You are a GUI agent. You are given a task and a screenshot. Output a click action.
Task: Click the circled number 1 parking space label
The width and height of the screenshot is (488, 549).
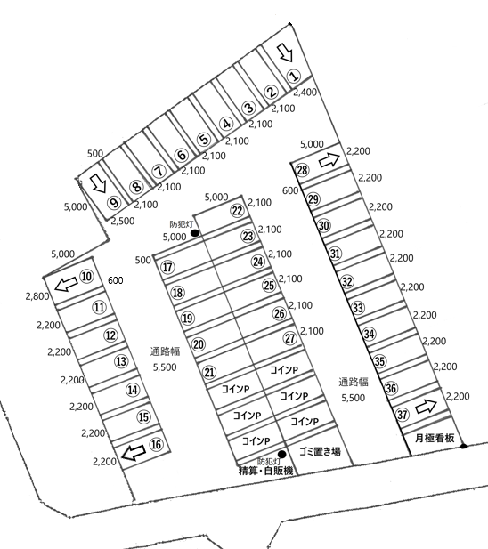click(x=294, y=76)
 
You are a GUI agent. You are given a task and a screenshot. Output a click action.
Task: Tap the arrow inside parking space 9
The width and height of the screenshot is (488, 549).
click(x=98, y=183)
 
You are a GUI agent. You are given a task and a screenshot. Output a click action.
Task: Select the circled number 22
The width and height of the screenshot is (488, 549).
click(x=237, y=210)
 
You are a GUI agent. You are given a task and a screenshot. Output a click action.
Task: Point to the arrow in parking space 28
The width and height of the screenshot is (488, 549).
click(x=329, y=160)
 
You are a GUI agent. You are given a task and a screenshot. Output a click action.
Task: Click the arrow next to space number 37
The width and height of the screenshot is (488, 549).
click(x=426, y=406)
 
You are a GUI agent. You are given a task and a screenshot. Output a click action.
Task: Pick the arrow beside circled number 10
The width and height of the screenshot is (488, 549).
click(x=66, y=284)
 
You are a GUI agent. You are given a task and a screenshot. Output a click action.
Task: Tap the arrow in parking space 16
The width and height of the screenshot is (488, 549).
click(x=133, y=452)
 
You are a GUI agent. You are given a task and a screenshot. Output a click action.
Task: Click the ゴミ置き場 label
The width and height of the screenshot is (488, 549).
click(x=320, y=451)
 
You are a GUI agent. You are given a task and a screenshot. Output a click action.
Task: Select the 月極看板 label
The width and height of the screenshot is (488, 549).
click(x=435, y=438)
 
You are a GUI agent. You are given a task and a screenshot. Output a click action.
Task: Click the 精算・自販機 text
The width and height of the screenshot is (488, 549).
click(x=265, y=471)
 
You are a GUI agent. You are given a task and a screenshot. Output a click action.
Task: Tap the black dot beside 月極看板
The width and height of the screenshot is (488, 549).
click(x=463, y=446)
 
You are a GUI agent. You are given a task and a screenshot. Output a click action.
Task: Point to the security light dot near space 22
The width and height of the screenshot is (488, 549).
click(x=195, y=233)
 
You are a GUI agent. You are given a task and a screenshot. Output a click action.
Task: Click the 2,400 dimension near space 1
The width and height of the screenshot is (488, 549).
click(x=305, y=92)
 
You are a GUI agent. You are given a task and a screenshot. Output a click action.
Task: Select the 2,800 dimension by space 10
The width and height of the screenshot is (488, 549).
click(x=37, y=296)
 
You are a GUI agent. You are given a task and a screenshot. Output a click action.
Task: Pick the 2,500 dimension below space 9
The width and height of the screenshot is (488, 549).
click(x=123, y=221)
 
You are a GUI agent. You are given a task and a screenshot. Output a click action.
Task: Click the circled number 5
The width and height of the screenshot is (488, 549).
click(x=204, y=140)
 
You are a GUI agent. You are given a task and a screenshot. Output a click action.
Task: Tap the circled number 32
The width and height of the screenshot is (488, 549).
click(x=346, y=281)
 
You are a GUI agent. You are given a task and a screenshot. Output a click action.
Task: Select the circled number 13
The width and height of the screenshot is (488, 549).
click(x=121, y=361)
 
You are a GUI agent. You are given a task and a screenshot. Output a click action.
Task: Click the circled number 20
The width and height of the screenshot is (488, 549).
click(x=199, y=344)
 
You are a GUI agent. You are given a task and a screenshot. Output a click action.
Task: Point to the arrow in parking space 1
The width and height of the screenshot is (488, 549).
click(x=285, y=52)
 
